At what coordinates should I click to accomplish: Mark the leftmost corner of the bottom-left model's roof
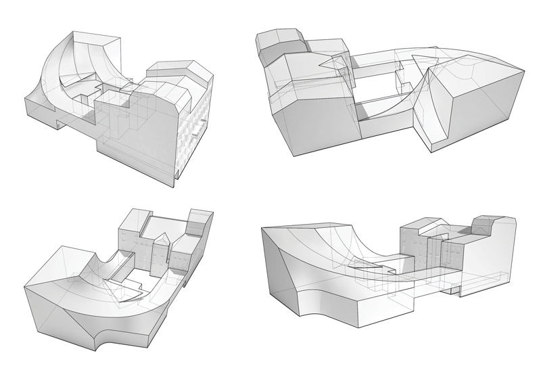25,287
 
